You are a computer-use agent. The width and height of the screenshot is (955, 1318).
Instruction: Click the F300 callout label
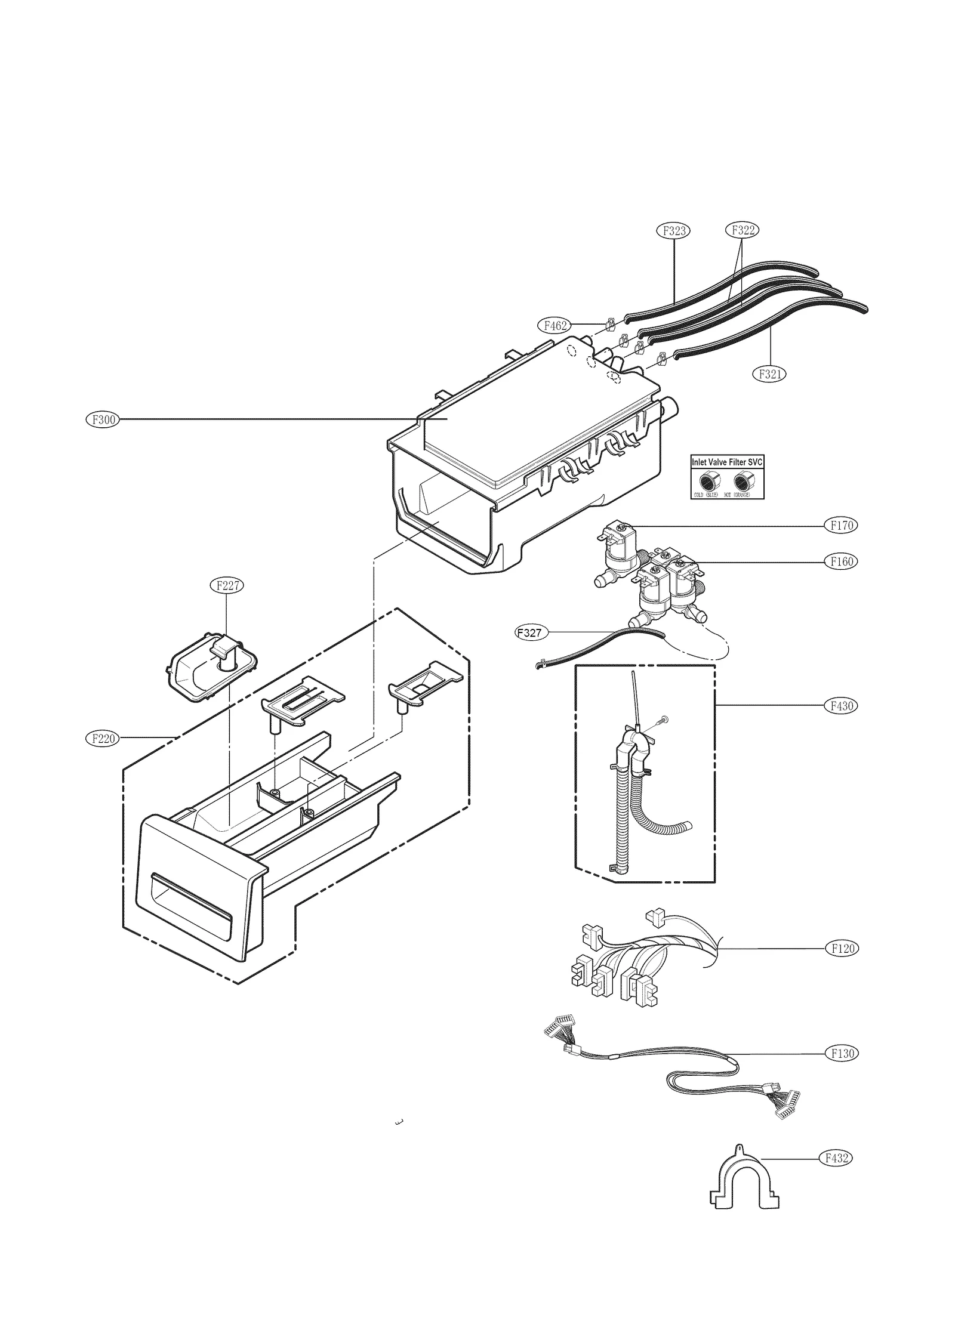[103, 419]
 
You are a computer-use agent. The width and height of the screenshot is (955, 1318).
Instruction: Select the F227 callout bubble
[227, 585]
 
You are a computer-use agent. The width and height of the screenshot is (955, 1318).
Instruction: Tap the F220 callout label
[103, 739]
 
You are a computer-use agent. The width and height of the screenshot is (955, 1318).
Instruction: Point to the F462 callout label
[554, 326]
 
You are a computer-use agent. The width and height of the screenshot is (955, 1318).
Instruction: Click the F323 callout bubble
[673, 230]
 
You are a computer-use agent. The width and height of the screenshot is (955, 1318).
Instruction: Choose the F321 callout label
[769, 374]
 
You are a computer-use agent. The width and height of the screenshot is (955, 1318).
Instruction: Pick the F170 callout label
[842, 526]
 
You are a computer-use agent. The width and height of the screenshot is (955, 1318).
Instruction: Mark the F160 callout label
[842, 561]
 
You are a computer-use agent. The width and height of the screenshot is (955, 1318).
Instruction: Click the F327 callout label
[531, 633]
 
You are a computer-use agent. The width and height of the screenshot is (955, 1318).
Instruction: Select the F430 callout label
[842, 706]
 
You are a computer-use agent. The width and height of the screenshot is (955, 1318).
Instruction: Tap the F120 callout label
[842, 949]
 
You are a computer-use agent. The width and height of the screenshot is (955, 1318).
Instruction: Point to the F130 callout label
[842, 1053]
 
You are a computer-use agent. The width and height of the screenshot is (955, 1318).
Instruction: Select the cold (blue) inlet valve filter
[708, 480]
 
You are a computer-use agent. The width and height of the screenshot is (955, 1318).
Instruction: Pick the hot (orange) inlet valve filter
[743, 480]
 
